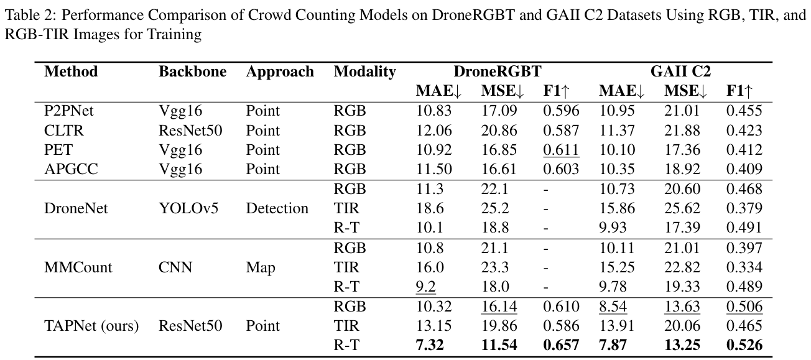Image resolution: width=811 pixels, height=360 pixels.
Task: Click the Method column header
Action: (71, 72)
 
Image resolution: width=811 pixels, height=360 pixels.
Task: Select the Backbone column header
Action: (192, 72)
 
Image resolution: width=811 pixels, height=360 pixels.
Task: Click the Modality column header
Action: (364, 72)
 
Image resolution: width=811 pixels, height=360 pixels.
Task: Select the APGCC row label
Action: (68, 169)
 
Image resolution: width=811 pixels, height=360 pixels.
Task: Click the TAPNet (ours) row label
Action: (91, 326)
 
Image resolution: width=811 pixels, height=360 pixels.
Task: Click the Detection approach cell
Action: (277, 208)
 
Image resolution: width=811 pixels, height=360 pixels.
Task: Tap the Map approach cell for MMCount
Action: (261, 267)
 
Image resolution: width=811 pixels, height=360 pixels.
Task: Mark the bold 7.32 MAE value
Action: (430, 345)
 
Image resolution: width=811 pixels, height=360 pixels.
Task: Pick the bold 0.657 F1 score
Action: (560, 345)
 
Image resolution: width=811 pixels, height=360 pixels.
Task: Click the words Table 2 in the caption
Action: (25, 16)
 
